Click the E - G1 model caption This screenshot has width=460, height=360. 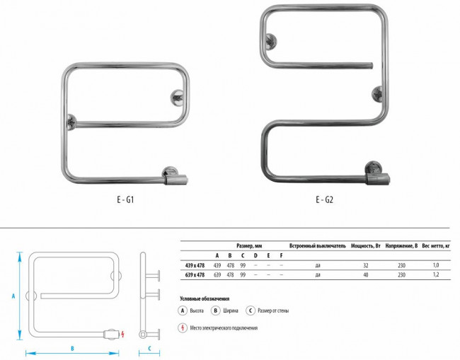click(x=125, y=199)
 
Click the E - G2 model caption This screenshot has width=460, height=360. click(x=324, y=199)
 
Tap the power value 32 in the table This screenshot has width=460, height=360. click(x=366, y=265)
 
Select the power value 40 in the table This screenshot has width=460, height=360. click(x=366, y=274)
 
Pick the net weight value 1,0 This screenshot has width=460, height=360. click(x=436, y=265)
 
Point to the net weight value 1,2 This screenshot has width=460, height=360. click(x=436, y=274)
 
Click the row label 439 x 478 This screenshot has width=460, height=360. click(x=195, y=266)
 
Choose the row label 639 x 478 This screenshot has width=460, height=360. click(x=195, y=275)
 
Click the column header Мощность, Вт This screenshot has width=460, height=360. click(x=366, y=246)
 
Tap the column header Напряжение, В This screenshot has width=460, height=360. click(x=401, y=246)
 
